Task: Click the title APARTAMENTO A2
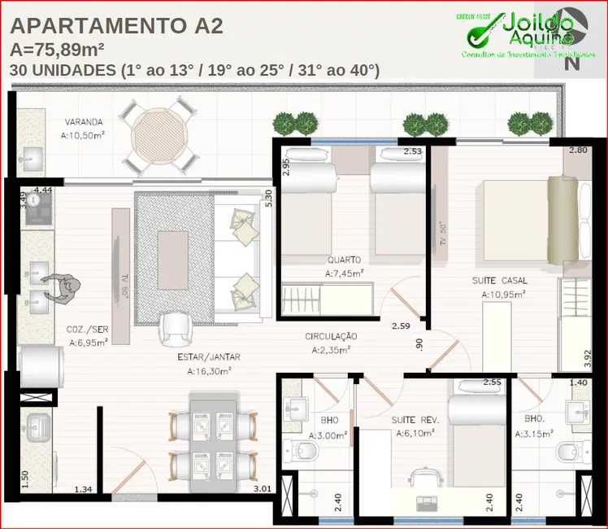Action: [117, 27]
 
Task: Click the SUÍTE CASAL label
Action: [501, 281]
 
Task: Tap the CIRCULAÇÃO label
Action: [331, 336]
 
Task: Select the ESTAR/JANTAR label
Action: [209, 356]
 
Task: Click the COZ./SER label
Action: [88, 330]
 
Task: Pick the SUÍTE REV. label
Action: [415, 420]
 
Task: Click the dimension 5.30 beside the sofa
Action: [268, 197]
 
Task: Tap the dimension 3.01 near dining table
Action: [262, 489]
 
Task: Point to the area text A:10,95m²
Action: [502, 295]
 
